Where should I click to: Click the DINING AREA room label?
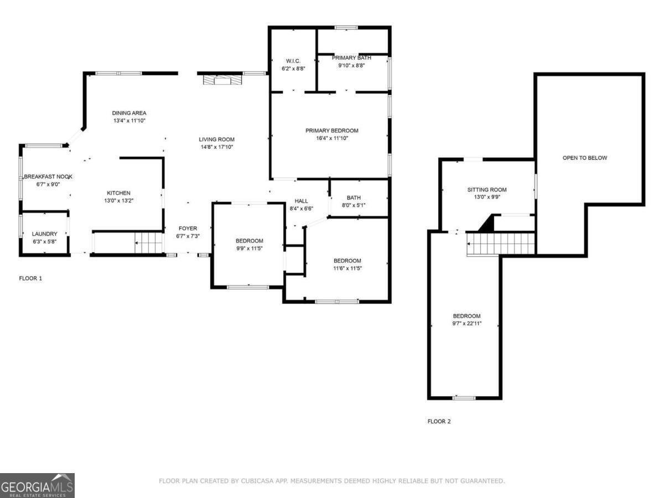click(x=129, y=113)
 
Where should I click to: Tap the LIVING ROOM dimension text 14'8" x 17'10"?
click(x=217, y=147)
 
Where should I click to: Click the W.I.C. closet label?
click(x=293, y=60)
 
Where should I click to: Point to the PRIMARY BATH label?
click(x=351, y=58)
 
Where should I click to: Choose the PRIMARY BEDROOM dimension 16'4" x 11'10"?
click(x=332, y=138)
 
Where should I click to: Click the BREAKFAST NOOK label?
click(x=48, y=177)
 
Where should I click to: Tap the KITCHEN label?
click(x=118, y=193)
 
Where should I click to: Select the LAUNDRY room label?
click(x=44, y=234)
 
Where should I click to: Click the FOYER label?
click(x=187, y=228)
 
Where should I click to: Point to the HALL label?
click(x=301, y=201)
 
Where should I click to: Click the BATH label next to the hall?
click(x=354, y=198)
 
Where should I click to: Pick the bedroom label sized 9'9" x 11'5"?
click(x=249, y=241)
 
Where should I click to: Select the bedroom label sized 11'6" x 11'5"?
click(x=347, y=261)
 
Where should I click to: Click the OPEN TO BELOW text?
click(x=585, y=158)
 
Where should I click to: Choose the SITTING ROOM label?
click(x=487, y=190)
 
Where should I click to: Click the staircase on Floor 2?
click(x=501, y=243)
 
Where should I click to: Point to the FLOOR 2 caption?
click(x=439, y=421)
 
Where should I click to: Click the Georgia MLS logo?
click(x=37, y=485)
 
